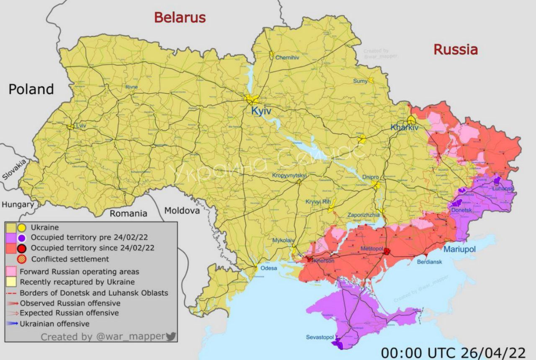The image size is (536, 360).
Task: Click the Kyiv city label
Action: click(261, 111)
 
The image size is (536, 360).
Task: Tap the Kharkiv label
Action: click(404, 127)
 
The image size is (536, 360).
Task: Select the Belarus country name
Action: click(180, 18)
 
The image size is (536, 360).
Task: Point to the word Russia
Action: click(456, 49)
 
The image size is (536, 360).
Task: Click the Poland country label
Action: click(31, 89)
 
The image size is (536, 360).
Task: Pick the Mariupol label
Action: click(460, 249)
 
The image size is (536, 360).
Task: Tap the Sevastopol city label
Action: click(320, 337)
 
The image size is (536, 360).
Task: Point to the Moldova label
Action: click(182, 211)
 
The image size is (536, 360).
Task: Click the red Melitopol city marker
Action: click(387, 251)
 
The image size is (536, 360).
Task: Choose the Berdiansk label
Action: click(429, 262)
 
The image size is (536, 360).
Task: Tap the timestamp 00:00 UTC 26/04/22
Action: click(453, 351)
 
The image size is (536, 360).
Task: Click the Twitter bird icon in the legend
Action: click(171, 336)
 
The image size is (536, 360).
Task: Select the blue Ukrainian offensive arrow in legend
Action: click(13, 324)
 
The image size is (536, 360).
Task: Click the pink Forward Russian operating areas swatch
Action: click(11, 271)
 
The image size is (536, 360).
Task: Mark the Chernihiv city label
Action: click(287, 58)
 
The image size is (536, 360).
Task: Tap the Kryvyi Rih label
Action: click(318, 201)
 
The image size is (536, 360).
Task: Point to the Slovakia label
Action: click(14, 170)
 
